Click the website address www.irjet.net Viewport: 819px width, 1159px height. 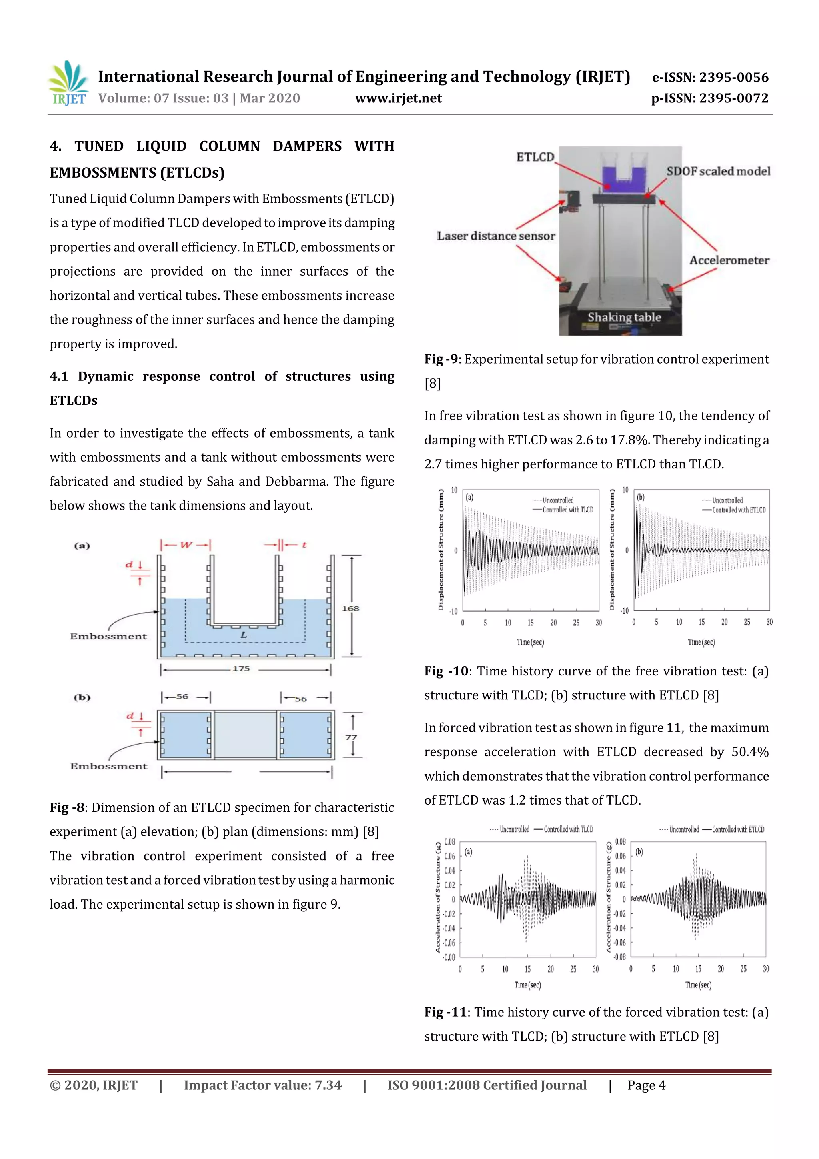pos(398,98)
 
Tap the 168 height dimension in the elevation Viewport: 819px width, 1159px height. pos(350,608)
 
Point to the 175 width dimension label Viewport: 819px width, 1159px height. pos(241,669)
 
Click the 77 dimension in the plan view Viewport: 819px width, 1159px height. pos(351,737)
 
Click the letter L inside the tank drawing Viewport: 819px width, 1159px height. pos(244,635)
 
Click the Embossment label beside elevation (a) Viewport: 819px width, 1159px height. pos(108,636)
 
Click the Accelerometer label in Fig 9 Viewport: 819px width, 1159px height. pos(729,260)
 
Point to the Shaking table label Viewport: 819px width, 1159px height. pos(624,318)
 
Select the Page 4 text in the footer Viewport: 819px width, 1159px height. pos(646,1085)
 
